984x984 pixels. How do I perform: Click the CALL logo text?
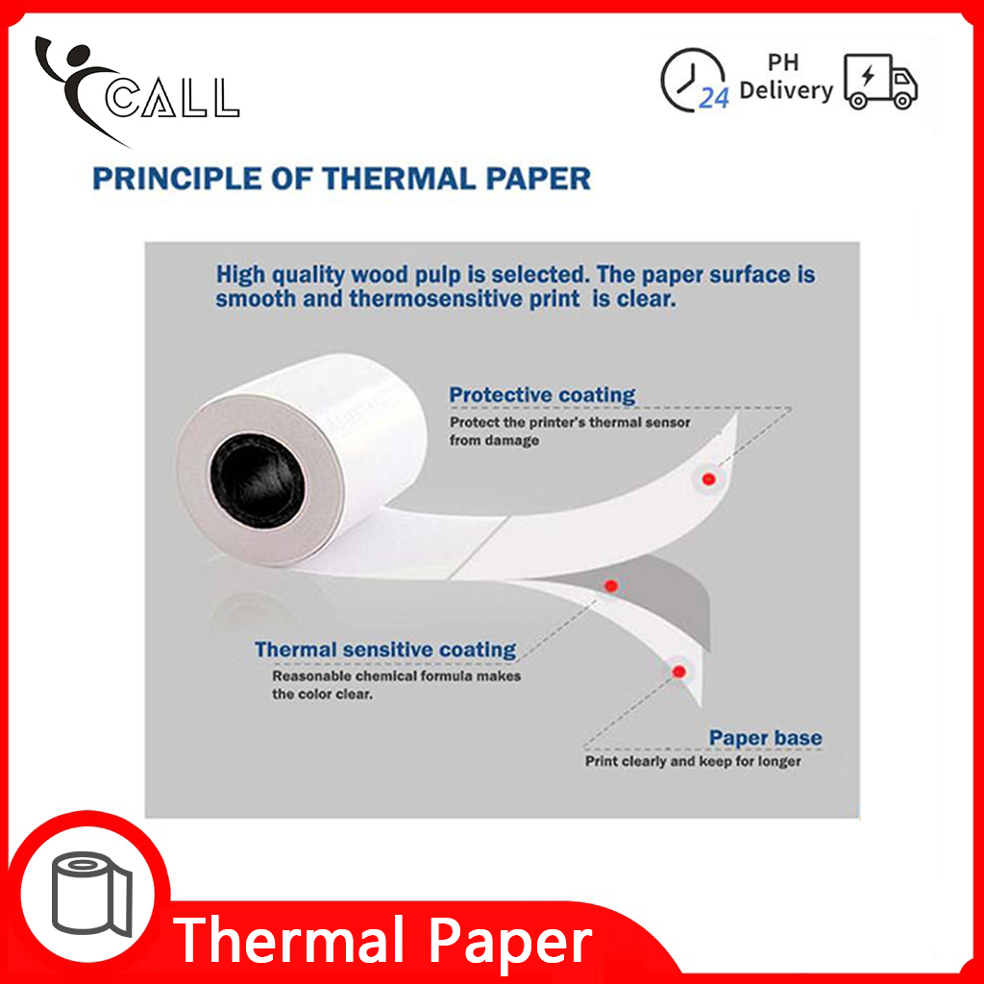[173, 99]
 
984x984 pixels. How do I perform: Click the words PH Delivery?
[785, 78]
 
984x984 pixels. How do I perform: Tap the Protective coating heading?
[542, 395]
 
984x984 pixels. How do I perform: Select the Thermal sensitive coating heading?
[385, 650]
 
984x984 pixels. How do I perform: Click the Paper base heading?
[765, 738]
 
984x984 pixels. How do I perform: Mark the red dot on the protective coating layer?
[709, 479]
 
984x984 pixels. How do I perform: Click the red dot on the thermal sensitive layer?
[611, 585]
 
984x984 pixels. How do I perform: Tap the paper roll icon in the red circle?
[93, 897]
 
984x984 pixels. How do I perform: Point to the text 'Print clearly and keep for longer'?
[693, 761]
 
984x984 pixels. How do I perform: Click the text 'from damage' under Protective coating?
[494, 440]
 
